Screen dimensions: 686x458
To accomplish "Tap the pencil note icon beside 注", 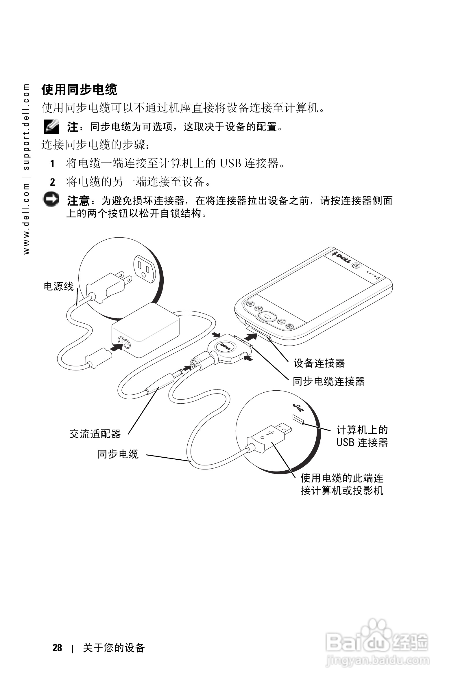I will click(51, 126).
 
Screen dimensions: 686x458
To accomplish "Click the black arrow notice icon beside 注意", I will click(51, 200).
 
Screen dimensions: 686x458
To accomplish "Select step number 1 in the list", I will click(52, 164).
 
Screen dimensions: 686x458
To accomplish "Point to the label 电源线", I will click(58, 286).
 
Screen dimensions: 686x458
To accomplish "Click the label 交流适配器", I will click(95, 434).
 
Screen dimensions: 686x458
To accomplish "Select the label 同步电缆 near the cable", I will click(118, 454).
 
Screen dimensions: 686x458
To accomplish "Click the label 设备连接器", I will click(319, 363).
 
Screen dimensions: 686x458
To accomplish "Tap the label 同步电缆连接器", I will click(328, 381).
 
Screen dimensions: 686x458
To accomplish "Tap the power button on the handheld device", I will click(356, 266).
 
